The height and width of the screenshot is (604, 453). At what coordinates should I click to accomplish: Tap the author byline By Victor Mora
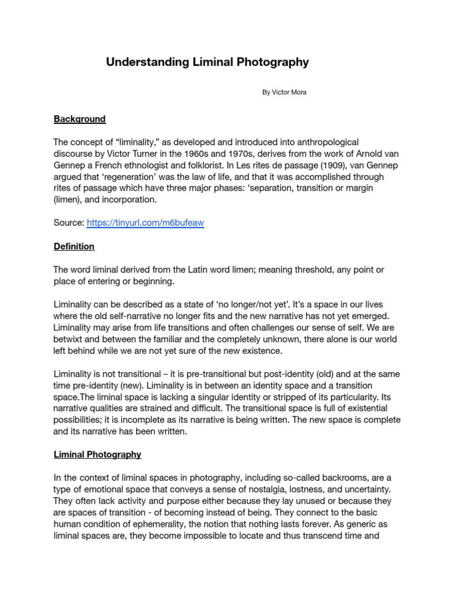(x=284, y=93)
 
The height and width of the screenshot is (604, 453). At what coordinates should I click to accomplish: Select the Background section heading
(x=80, y=119)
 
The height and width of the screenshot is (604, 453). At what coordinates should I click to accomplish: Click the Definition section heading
(x=74, y=247)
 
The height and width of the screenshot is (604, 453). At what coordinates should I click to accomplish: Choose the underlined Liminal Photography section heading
(x=97, y=454)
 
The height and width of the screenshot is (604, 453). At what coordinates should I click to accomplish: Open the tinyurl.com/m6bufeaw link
(x=145, y=224)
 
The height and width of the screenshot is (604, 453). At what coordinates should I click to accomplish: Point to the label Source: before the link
(x=68, y=224)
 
